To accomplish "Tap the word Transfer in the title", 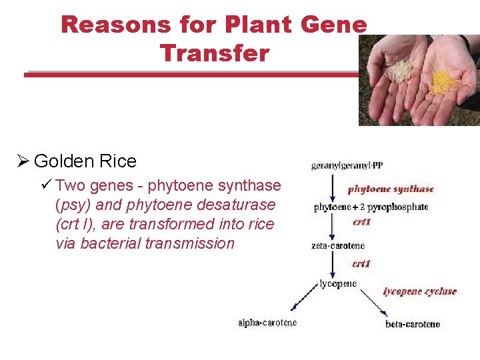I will click(215, 53).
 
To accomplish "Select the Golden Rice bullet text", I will click(85, 161).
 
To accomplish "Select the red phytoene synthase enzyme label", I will click(391, 189).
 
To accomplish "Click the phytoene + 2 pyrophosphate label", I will click(371, 207).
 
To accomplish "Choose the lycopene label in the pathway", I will click(338, 284).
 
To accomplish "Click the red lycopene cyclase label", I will click(419, 291).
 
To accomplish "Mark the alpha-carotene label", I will click(267, 323).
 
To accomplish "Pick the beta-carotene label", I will click(413, 324).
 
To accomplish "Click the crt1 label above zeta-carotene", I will click(361, 222).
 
